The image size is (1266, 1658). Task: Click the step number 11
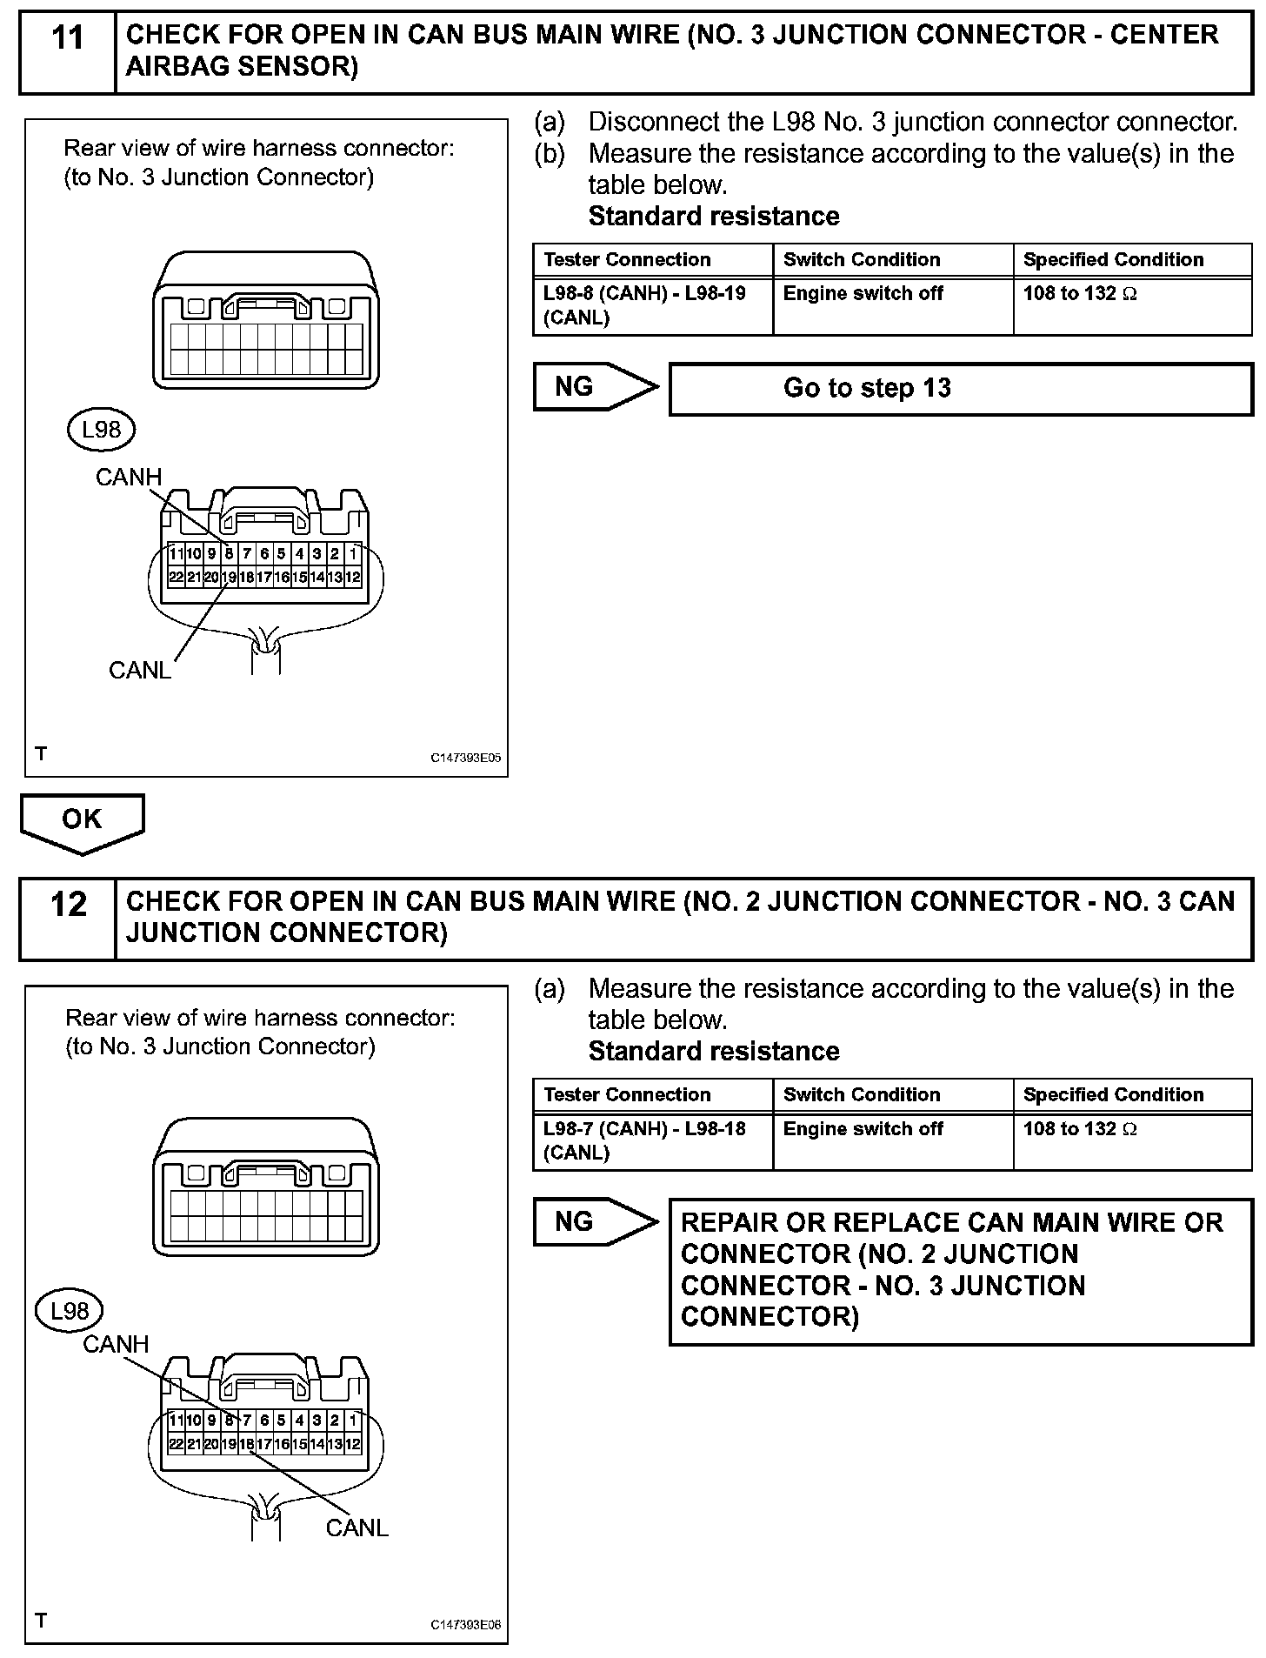tap(68, 39)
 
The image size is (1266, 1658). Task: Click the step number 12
tap(68, 905)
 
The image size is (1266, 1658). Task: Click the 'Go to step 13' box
tap(960, 388)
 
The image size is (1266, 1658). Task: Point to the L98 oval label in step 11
tap(101, 430)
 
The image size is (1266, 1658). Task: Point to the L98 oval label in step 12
tap(70, 1311)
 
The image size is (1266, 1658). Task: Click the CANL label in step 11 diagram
tap(139, 670)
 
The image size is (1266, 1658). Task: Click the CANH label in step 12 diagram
tap(116, 1344)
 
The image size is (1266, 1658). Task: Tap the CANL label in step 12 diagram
tap(356, 1528)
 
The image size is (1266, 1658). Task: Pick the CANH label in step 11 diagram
tap(129, 477)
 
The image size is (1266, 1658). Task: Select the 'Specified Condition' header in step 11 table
tap(1113, 259)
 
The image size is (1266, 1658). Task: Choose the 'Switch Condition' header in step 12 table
tap(862, 1094)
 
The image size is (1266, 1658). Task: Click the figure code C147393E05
tap(466, 758)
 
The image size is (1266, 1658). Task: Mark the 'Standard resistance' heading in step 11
tap(714, 216)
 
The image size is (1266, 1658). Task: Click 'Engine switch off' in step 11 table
tap(863, 294)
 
